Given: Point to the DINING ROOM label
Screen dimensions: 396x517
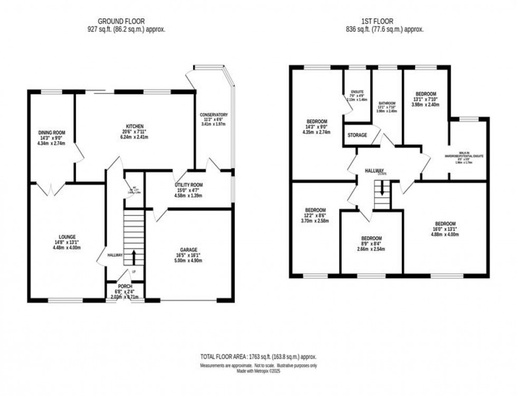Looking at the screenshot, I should [52, 132].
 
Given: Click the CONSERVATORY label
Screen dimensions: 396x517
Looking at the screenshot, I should [214, 114].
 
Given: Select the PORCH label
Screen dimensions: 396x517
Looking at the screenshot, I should [125, 286].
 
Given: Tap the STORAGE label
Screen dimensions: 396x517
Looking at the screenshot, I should [357, 136].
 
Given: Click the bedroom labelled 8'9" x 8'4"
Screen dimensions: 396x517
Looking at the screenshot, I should [371, 238].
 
